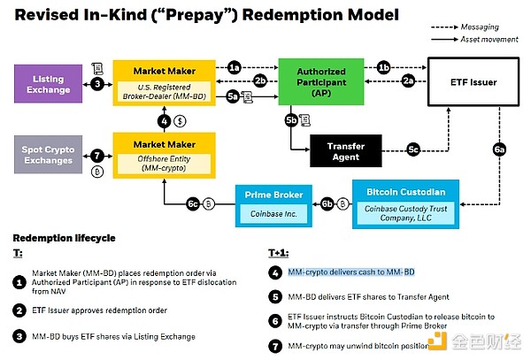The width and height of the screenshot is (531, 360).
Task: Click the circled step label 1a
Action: pos(234,67)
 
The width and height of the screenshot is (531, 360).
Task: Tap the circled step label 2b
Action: pos(259,80)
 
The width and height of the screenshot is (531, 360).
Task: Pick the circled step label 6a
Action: pos(499,151)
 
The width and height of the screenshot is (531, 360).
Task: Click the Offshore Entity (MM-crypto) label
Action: pos(163,160)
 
